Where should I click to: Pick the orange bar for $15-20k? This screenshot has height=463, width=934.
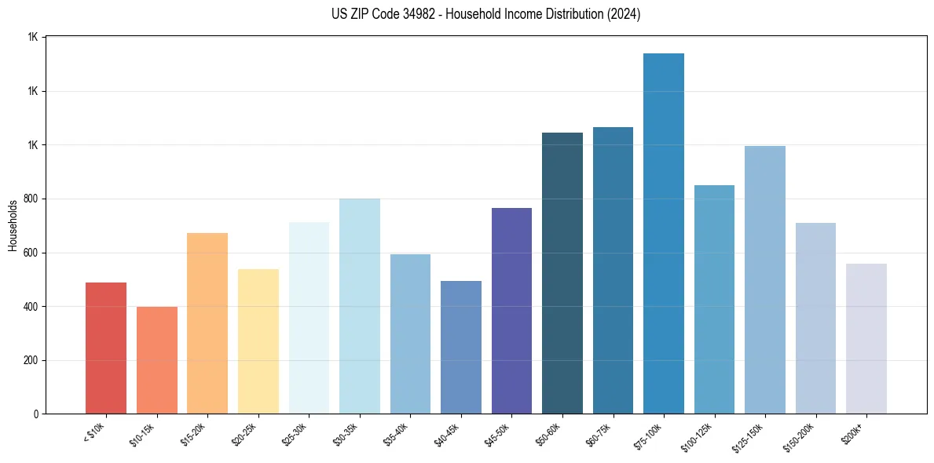click(207, 323)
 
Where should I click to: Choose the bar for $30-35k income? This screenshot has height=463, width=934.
click(359, 306)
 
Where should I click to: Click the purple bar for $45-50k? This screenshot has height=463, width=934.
click(511, 311)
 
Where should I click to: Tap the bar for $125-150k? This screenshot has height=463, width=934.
click(764, 279)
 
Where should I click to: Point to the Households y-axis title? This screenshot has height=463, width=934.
click(13, 225)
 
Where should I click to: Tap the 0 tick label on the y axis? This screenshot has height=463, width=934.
click(35, 414)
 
